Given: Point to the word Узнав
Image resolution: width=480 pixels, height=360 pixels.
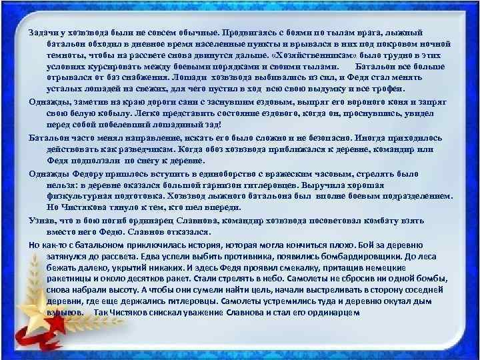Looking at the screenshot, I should (42, 219).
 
